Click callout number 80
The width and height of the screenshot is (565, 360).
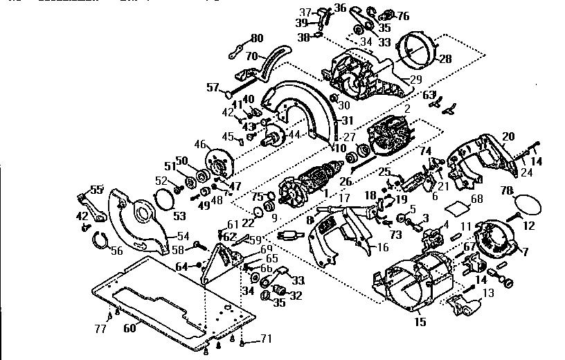(x=257, y=37)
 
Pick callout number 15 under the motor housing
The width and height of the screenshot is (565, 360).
(x=419, y=323)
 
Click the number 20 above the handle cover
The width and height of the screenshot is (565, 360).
(x=508, y=136)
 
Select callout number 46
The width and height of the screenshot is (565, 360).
(x=201, y=145)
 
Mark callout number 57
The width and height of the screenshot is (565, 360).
(x=213, y=87)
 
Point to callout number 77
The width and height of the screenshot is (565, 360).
(x=100, y=329)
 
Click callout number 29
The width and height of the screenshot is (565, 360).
(x=416, y=80)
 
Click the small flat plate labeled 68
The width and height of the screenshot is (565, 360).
(x=457, y=207)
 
